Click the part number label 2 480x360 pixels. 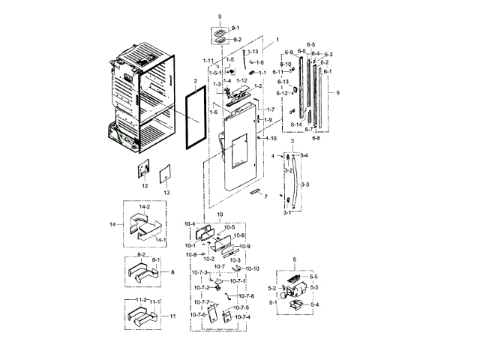tap(194, 79)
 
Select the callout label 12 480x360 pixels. tap(145, 185)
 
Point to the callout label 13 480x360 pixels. tap(167, 193)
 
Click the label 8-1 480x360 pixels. tap(157, 259)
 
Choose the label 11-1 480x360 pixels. tap(156, 301)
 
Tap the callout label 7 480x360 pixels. tap(265, 196)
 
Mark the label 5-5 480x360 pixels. tap(313, 277)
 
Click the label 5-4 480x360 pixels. tap(313, 304)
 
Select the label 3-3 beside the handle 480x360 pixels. tap(305, 184)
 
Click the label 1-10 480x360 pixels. tap(271, 138)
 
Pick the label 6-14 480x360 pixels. tap(297, 124)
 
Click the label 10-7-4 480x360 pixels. tap(241, 316)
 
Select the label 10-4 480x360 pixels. tap(190, 224)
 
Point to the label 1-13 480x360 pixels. tap(252, 51)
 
